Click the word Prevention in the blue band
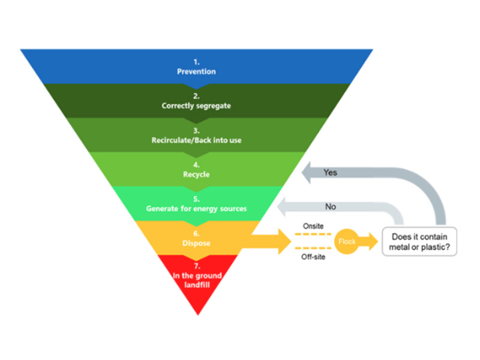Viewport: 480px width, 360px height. [196, 72]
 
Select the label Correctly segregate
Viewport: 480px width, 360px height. [196, 106]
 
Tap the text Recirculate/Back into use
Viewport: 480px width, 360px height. [196, 140]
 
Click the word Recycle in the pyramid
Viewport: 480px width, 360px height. [196, 175]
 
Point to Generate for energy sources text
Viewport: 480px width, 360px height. [196, 209]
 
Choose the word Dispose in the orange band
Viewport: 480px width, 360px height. [196, 243]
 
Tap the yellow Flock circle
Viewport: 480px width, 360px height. [347, 242]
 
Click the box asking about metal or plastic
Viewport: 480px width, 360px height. [419, 242]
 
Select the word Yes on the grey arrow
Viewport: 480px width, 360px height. [331, 173]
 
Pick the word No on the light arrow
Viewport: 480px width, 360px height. [331, 207]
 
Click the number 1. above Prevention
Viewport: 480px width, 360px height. [196, 62]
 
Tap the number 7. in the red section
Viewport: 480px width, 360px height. [196, 265]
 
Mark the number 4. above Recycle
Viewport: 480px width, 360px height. [196, 164]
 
